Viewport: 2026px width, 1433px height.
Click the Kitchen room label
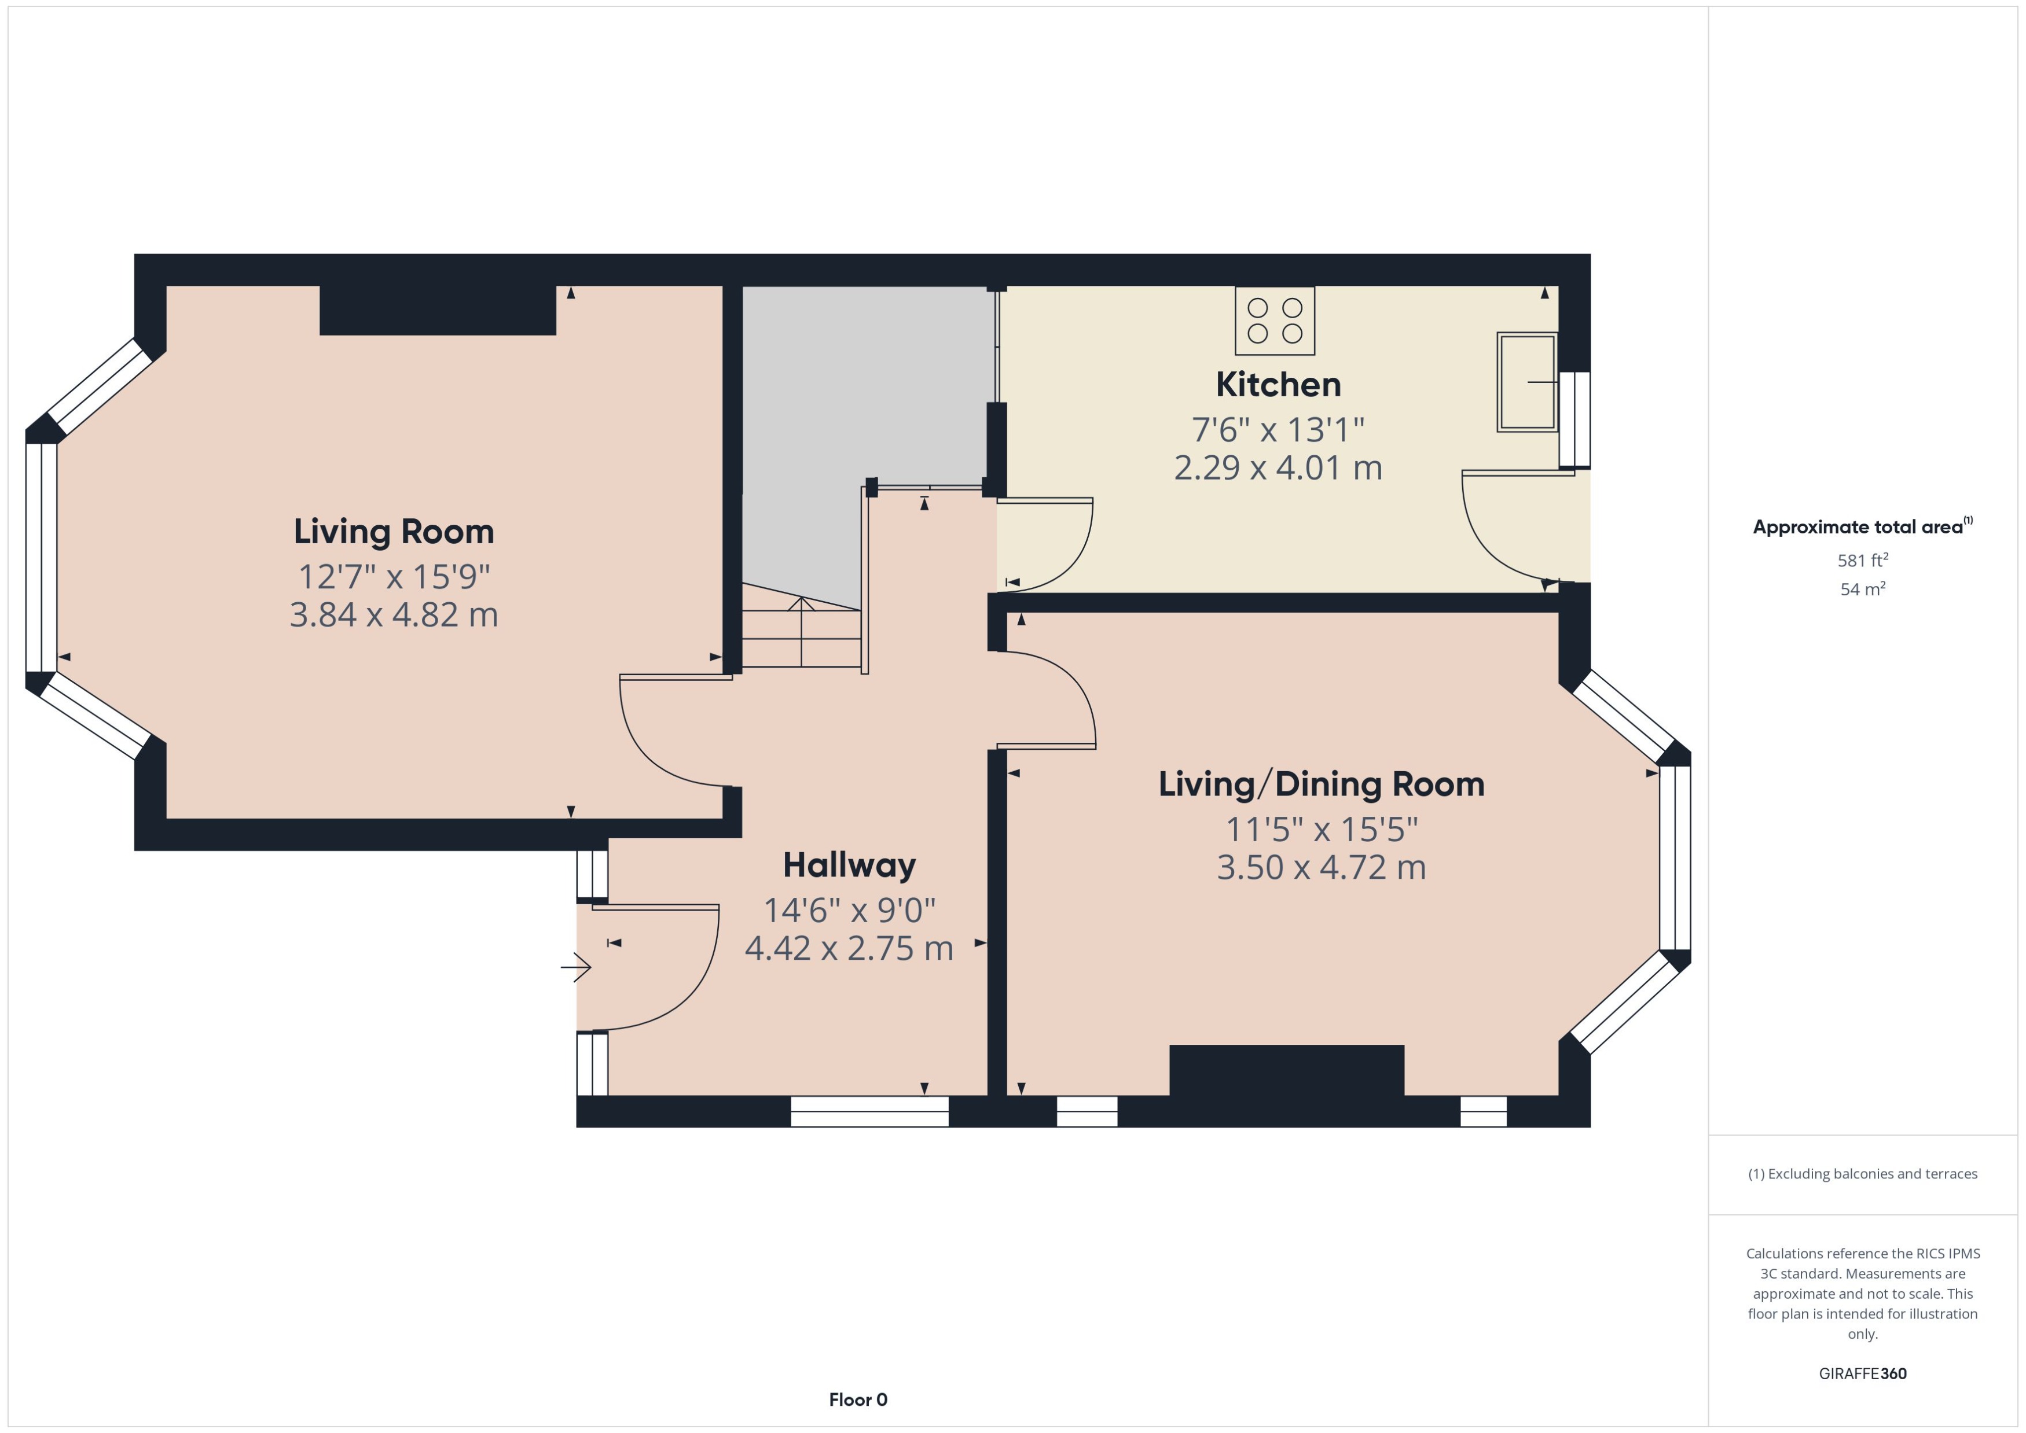tap(1278, 385)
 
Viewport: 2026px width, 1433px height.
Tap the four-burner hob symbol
tap(1274, 321)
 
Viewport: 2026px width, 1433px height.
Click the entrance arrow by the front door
tap(575, 967)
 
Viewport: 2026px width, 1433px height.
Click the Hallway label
tap(849, 865)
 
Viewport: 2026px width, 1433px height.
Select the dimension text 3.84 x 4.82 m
tap(394, 615)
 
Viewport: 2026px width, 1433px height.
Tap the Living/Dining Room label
tap(1320, 784)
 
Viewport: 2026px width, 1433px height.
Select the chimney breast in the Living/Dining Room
tap(1286, 1070)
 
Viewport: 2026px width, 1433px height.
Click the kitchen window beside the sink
tap(1574, 419)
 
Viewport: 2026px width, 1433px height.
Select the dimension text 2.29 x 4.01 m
tap(1278, 467)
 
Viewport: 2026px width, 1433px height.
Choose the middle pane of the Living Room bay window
tap(41, 558)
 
